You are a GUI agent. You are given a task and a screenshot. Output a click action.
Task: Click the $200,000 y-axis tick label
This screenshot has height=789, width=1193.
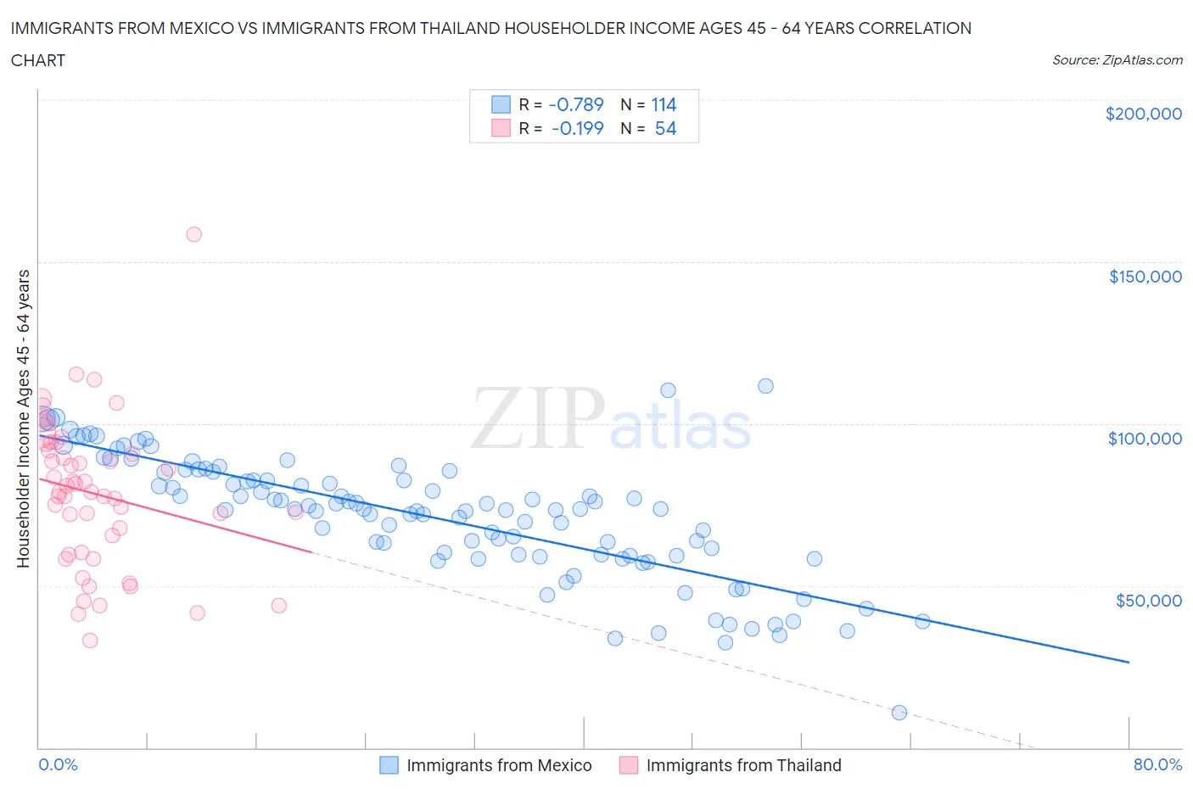(x=1143, y=114)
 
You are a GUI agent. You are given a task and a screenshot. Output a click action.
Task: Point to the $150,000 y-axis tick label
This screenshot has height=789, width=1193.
(x=1145, y=277)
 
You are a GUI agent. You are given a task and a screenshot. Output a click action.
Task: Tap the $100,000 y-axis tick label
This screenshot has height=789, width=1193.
(x=1145, y=439)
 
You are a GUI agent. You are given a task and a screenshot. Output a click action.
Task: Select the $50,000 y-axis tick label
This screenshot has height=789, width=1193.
(x=1148, y=601)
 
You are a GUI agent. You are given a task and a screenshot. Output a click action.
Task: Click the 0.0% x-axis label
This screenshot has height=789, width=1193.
(x=58, y=764)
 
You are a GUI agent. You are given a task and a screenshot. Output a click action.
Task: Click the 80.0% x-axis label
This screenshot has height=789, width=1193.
(x=1157, y=764)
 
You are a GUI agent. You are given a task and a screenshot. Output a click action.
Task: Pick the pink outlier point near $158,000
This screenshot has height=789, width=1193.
(x=193, y=234)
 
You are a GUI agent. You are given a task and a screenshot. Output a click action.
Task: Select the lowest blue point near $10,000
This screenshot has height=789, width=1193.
(x=899, y=713)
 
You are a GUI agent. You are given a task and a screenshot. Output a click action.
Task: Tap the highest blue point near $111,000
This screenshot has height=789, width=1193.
(x=765, y=386)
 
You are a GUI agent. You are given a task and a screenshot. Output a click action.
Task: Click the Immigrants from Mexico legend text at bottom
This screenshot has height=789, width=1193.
(x=499, y=765)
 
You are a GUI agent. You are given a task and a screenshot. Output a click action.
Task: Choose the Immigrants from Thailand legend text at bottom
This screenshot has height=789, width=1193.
(x=743, y=765)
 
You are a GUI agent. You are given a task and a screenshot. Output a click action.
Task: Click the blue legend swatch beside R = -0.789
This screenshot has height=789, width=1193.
(x=501, y=104)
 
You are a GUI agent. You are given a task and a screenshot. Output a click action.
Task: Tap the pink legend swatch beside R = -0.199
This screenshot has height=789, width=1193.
(x=501, y=128)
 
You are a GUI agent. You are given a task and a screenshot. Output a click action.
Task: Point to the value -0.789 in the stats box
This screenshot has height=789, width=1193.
(x=576, y=104)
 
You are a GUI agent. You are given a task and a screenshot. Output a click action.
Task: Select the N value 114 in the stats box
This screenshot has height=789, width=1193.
(x=664, y=104)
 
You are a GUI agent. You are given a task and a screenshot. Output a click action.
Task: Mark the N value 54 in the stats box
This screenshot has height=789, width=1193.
(x=665, y=128)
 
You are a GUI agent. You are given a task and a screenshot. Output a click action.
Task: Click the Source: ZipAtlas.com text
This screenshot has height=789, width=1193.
(x=1117, y=59)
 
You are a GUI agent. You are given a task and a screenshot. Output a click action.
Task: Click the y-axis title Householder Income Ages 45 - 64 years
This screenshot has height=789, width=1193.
(x=24, y=418)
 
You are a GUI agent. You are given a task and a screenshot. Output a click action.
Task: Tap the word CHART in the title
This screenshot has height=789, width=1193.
(x=38, y=60)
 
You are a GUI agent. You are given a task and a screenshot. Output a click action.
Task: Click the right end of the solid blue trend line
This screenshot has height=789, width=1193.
(x=1129, y=662)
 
